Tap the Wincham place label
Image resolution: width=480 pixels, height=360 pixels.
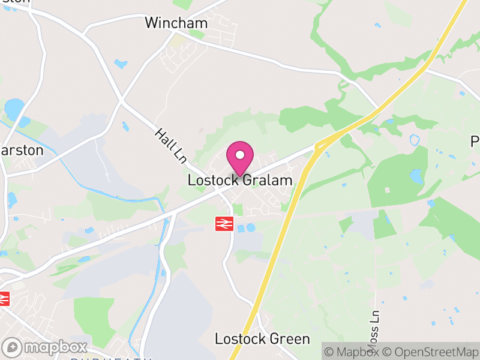click(x=176, y=23)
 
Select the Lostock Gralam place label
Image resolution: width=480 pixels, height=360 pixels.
click(x=240, y=180)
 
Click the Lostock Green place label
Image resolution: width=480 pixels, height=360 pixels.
click(x=262, y=339)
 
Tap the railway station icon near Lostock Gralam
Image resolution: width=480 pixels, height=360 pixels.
click(x=224, y=224)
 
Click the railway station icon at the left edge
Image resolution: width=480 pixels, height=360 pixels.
click(x=5, y=297)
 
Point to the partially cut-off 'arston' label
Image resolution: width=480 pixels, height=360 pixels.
click(x=22, y=150)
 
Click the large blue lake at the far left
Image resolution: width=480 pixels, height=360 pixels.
click(x=13, y=109)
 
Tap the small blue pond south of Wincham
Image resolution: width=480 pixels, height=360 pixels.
click(x=121, y=64)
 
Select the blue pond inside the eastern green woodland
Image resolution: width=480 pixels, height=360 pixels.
click(x=416, y=176)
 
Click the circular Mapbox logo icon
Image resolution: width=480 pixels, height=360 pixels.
click(x=12, y=347)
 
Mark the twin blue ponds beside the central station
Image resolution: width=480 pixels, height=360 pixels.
click(x=246, y=228)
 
